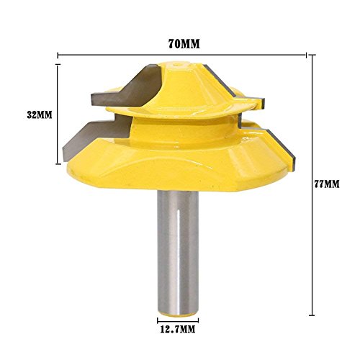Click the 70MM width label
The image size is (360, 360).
pos(184,43)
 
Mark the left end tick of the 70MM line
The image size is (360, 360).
pos(57,54)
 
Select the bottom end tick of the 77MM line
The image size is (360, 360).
pos(311,314)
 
